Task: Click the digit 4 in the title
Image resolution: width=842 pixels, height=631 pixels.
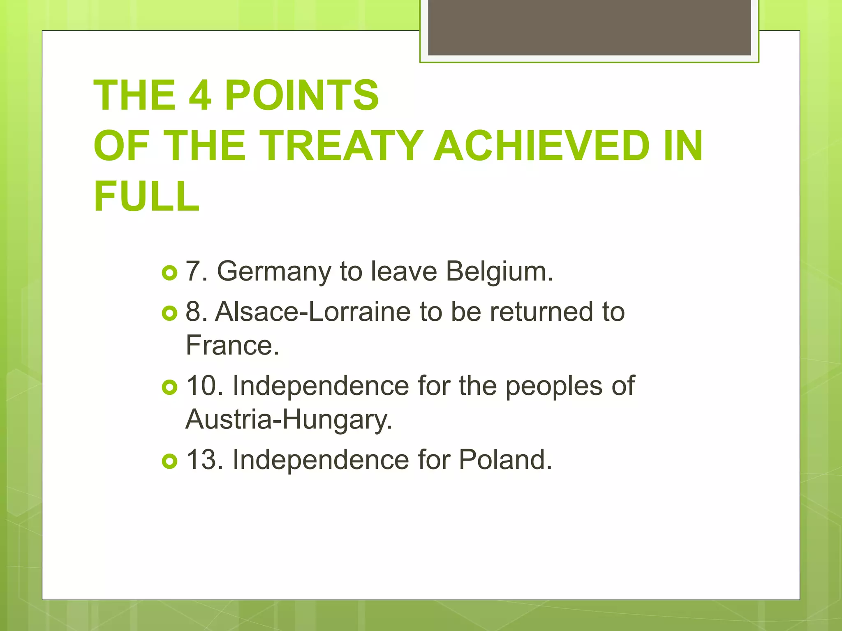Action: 200,95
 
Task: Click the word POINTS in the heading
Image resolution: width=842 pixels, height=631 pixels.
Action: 301,95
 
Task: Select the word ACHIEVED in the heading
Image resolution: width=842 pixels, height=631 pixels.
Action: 542,146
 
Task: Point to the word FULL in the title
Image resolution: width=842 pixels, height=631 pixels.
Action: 146,196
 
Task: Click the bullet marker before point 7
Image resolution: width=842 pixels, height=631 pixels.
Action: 169,273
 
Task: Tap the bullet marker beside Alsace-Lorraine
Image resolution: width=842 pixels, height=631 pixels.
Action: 169,313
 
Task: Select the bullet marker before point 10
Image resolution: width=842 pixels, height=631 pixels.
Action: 169,387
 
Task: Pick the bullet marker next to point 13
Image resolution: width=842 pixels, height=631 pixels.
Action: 169,461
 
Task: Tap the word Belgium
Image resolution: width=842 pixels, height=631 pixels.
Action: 500,272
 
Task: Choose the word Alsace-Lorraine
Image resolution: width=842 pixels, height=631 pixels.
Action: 312,312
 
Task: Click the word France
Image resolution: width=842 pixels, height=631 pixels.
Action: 232,345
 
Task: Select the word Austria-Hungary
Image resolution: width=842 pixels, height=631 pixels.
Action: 289,420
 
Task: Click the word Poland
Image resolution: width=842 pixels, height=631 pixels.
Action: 505,460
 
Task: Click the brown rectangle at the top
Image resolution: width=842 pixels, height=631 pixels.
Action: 589,27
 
